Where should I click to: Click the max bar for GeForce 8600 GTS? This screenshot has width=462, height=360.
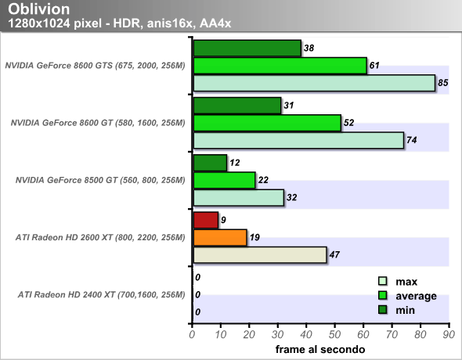pos(314,83)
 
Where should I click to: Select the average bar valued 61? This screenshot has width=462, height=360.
pos(280,66)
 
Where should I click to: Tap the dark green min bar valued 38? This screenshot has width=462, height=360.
pos(247,49)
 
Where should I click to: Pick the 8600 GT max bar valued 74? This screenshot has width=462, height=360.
pos(299,140)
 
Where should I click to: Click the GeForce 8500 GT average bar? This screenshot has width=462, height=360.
pos(225,180)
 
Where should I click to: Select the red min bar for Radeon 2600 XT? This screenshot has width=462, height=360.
pos(206,220)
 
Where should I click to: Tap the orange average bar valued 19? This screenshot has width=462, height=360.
pos(220,238)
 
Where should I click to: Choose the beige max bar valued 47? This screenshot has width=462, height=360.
pos(260,255)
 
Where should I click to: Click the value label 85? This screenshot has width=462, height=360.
pos(443,83)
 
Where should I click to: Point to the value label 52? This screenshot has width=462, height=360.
pos(349,123)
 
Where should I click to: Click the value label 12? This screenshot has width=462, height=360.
pos(235,163)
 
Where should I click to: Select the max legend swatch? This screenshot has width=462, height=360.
pos(382,281)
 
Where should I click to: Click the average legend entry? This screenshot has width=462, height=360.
pos(407,296)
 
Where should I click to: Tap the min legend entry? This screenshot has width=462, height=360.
pos(396,310)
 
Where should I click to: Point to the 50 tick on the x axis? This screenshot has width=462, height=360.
pos(334,326)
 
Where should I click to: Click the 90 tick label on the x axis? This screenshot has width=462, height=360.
pos(449,335)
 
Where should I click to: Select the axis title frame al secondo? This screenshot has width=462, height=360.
pos(320,349)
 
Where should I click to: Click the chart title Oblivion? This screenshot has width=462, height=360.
pos(39,9)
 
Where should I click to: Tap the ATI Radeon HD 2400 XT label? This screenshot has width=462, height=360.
pos(102,295)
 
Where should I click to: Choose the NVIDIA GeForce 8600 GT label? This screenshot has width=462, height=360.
pos(98,123)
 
